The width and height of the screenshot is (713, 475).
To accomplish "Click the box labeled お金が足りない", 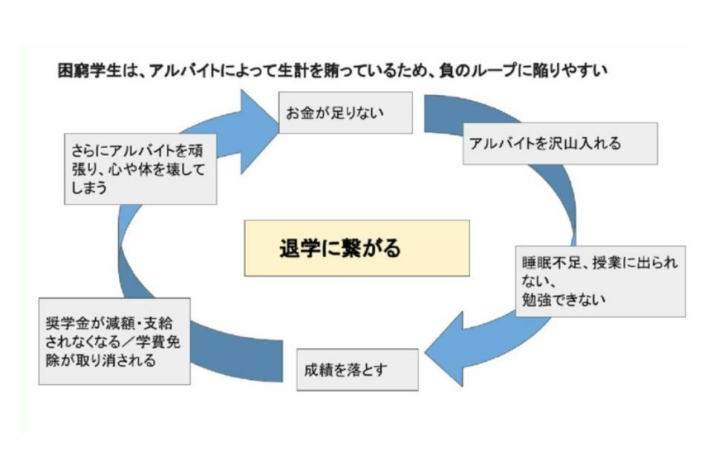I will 345,112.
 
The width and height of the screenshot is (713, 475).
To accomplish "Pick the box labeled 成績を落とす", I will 357,369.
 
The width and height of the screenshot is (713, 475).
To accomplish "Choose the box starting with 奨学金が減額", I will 114,341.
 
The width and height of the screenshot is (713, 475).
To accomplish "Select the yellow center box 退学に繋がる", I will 356,248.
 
